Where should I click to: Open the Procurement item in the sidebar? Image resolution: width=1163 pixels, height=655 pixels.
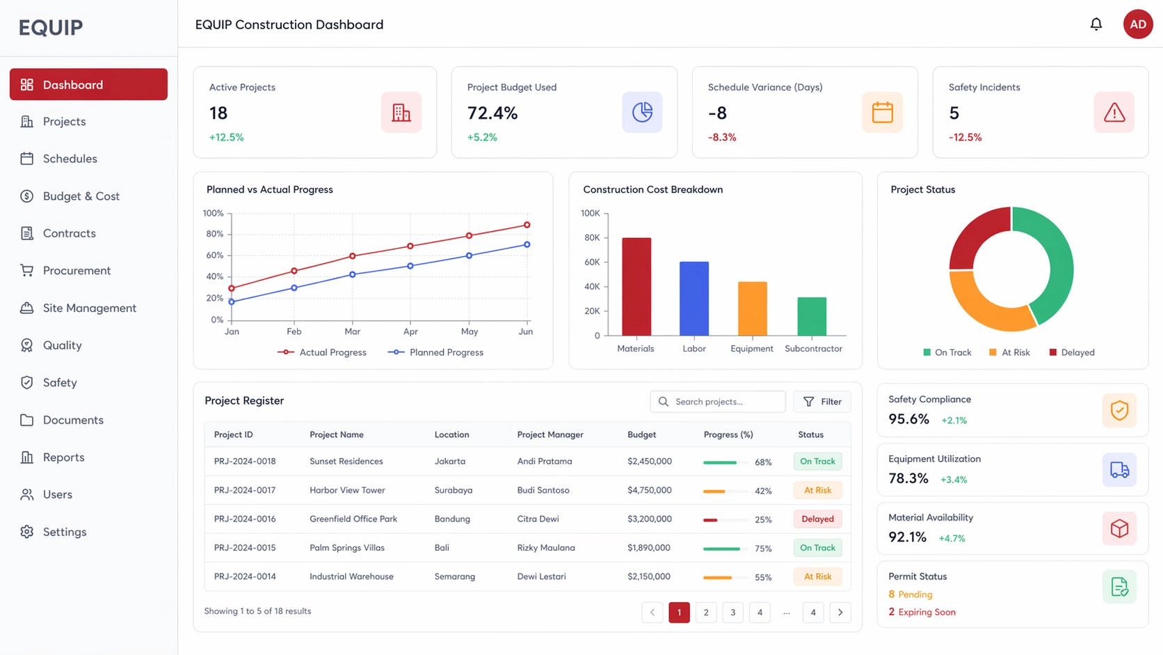77,271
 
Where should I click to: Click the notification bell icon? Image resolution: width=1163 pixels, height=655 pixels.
1096,24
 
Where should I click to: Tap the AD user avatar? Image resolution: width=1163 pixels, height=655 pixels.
1137,24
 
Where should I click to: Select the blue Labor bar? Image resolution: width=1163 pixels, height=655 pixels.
693,299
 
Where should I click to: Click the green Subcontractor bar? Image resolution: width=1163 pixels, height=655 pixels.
812,317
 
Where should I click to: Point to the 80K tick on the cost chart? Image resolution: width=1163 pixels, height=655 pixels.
592,238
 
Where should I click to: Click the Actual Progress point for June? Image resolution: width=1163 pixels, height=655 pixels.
527,225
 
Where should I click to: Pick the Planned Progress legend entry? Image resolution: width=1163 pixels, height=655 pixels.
436,352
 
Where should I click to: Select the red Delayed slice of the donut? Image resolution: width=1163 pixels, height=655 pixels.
978,237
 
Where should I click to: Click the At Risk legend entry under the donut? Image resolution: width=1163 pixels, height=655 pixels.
1009,352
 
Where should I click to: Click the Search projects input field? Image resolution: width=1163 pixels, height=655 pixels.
723,402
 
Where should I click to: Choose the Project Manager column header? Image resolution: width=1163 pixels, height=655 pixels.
550,434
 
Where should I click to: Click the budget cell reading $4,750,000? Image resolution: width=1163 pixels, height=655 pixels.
649,490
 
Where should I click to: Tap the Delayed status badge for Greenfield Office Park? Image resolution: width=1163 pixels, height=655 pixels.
817,519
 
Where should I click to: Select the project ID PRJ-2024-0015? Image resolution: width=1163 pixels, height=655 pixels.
245,548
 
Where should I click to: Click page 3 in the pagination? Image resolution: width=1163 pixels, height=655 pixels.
732,613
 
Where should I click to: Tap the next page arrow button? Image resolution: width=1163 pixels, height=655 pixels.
840,613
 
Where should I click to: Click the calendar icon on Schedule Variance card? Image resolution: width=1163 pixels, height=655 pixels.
882,112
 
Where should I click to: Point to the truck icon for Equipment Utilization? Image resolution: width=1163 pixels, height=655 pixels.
1118,470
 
